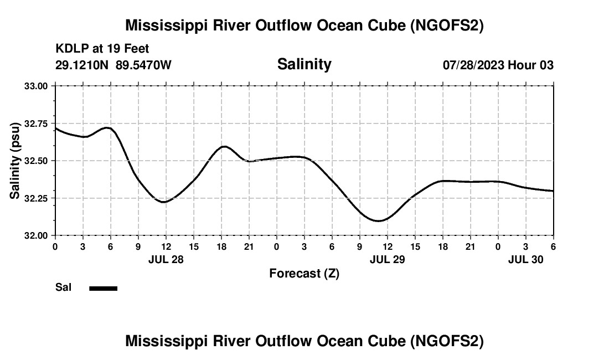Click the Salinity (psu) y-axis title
pyautogui.click(x=16, y=161)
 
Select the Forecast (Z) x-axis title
pyautogui.click(x=304, y=273)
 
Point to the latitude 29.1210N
pyautogui.click(x=82, y=65)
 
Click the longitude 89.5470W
pyautogui.click(x=143, y=65)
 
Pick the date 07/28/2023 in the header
pyautogui.click(x=473, y=65)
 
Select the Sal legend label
pyautogui.click(x=63, y=287)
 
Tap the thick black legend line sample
pyautogui.click(x=103, y=288)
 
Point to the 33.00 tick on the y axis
pyautogui.click(x=38, y=86)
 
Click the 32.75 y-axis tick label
pyautogui.click(x=38, y=124)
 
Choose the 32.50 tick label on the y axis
pyautogui.click(x=38, y=161)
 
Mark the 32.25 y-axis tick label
pyautogui.click(x=38, y=198)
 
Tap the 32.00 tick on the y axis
pyautogui.click(x=38, y=235)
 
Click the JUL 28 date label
pyautogui.click(x=166, y=259)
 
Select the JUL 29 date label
pyautogui.click(x=387, y=259)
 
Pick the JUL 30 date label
pyautogui.click(x=526, y=259)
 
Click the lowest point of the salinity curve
pyautogui.click(x=379, y=221)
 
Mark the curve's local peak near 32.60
pyautogui.click(x=224, y=146)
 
